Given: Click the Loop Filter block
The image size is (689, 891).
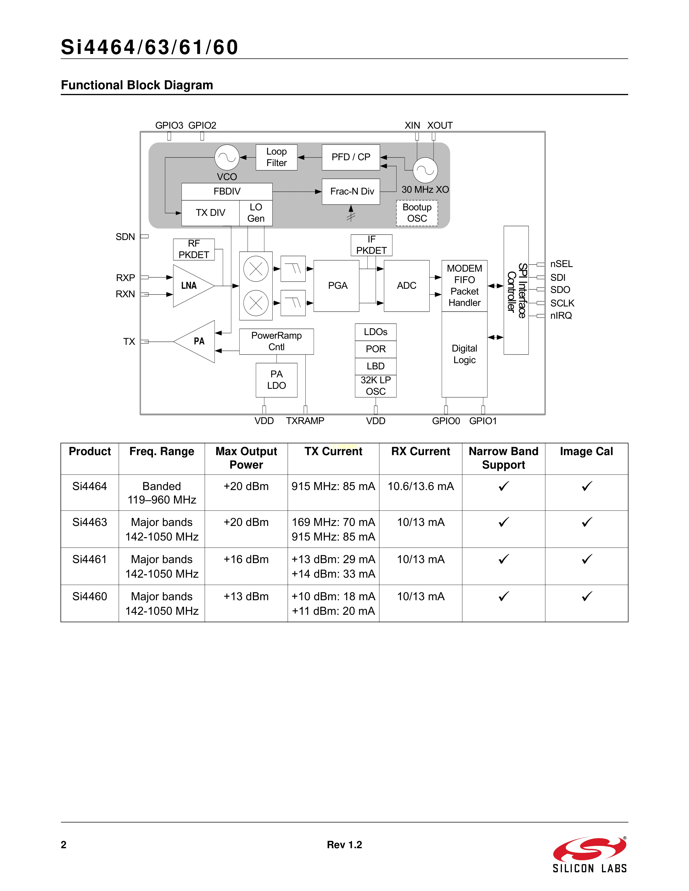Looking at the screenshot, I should tap(276, 157).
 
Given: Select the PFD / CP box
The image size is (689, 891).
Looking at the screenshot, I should tap(351, 157).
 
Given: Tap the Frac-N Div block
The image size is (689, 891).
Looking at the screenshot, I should tap(351, 191).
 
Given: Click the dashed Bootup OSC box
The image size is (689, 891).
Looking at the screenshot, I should tap(417, 213).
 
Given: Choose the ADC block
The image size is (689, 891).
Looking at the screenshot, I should tap(407, 286).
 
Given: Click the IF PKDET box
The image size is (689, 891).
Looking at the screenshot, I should tap(372, 245).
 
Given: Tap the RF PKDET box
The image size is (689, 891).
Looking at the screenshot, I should tap(194, 249).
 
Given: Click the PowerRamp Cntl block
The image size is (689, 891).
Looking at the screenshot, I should tap(276, 342).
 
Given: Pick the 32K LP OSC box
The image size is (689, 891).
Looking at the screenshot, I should tap(376, 386).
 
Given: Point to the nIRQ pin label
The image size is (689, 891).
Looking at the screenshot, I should tap(561, 316).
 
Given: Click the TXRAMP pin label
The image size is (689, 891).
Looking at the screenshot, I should tap(305, 421).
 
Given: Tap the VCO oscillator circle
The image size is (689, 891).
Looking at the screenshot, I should tap(227, 157).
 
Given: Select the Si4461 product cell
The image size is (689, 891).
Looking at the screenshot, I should tap(90, 559).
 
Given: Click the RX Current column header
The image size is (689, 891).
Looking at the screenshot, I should tap(420, 452).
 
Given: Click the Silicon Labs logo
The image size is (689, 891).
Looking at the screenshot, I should tap(589, 855).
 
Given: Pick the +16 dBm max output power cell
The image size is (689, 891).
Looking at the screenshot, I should tap(246, 559).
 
